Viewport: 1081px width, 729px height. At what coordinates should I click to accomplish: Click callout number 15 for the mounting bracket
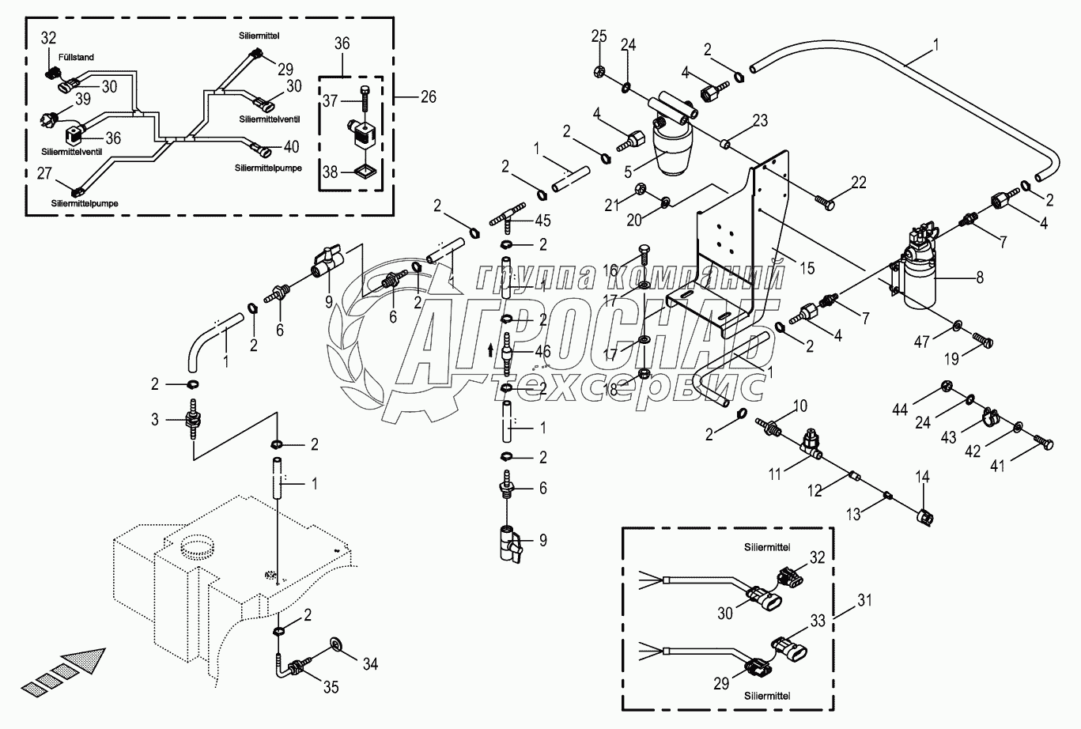pyautogui.click(x=806, y=269)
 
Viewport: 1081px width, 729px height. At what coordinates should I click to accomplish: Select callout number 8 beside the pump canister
pyautogui.click(x=980, y=277)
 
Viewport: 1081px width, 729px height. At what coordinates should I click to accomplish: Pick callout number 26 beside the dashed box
pyautogui.click(x=427, y=97)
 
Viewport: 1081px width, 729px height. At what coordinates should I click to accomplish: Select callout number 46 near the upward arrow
pyautogui.click(x=542, y=349)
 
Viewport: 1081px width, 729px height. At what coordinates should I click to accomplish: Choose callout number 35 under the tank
pyautogui.click(x=331, y=687)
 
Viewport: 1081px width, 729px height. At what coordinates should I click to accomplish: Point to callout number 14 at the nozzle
pyautogui.click(x=922, y=477)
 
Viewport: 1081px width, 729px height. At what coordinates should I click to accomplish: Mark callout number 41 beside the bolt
pyautogui.click(x=998, y=466)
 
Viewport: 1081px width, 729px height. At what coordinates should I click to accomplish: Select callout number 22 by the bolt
pyautogui.click(x=858, y=183)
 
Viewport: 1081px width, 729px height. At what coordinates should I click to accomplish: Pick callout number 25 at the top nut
pyautogui.click(x=599, y=36)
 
